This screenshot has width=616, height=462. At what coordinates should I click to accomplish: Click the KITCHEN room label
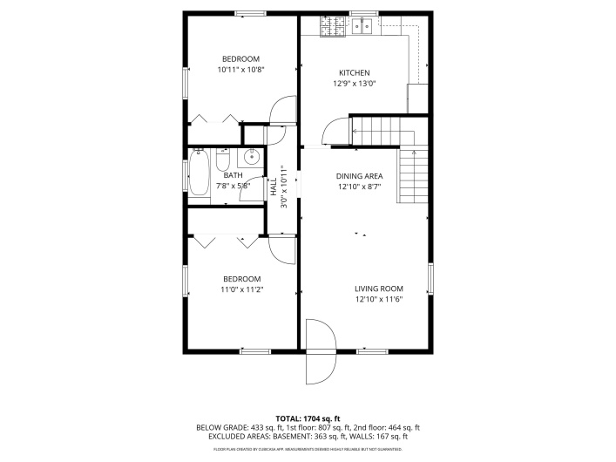[355, 72]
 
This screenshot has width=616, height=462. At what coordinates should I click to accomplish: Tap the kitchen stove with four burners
[332, 27]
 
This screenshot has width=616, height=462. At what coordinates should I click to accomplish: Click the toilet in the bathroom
[223, 162]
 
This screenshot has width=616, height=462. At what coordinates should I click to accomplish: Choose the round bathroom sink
[250, 158]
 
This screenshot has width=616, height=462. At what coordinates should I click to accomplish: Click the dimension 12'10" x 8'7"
[360, 187]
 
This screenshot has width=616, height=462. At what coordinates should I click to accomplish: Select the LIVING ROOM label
[378, 289]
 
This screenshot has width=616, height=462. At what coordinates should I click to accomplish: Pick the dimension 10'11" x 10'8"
[240, 69]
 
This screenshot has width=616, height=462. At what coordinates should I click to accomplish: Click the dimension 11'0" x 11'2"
[241, 289]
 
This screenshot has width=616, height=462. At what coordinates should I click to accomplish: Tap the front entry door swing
[321, 351]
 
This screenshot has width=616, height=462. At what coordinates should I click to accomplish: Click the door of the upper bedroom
[283, 113]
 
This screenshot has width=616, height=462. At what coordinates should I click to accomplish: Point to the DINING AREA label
[360, 175]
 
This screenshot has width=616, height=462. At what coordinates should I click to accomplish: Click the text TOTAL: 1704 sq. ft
[308, 418]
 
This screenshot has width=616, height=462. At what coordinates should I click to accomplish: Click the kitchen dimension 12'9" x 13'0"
[355, 84]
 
